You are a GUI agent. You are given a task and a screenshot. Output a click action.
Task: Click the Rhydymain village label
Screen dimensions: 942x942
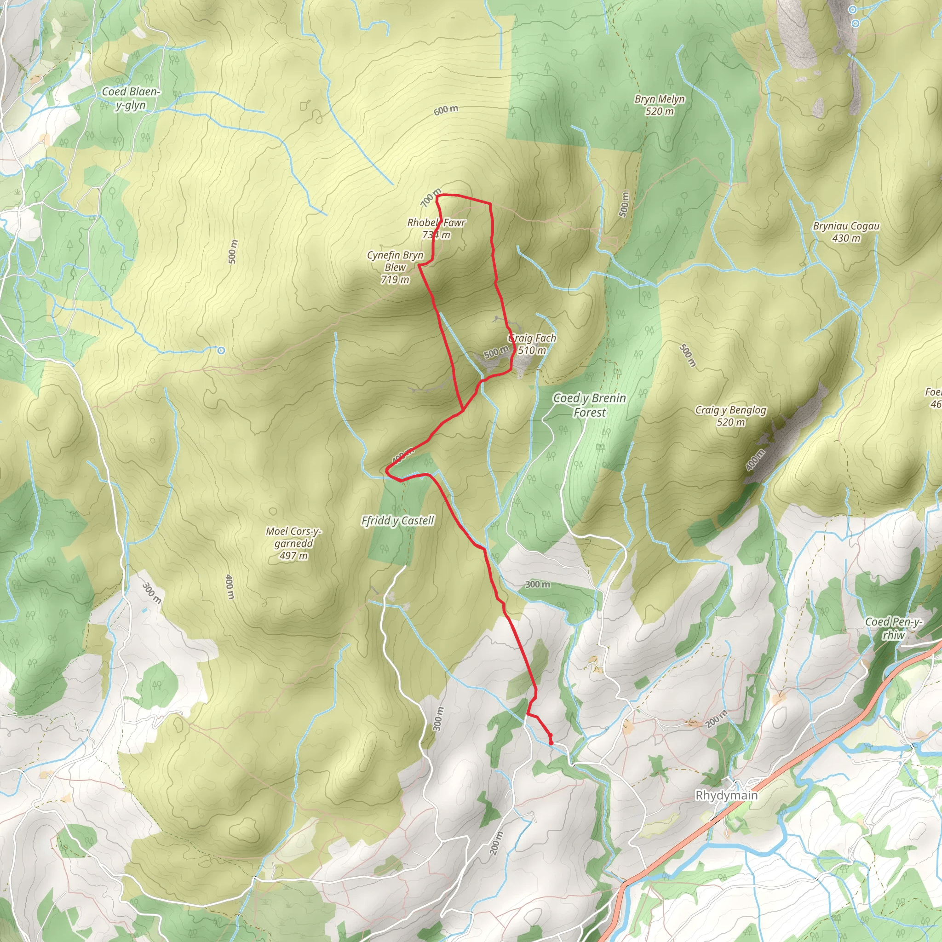point(726,795)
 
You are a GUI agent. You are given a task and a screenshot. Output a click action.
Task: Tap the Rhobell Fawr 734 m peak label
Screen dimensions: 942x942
point(437,229)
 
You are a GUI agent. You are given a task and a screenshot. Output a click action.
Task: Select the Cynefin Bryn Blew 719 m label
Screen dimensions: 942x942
point(395,267)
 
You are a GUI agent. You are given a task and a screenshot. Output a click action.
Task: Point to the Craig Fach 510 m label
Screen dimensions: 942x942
point(532,344)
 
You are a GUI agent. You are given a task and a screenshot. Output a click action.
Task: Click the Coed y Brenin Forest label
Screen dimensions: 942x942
point(590,405)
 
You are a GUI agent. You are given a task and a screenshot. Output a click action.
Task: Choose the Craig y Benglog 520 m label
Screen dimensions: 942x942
point(730,416)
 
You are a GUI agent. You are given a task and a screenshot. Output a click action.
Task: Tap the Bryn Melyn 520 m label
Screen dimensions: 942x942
point(660,105)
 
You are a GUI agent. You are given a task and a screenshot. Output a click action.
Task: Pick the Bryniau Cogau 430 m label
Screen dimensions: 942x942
point(846,232)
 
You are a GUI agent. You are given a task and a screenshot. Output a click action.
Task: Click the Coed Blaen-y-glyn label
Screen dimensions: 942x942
point(131,98)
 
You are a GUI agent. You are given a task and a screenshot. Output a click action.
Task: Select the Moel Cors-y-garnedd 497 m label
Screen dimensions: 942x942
point(293,543)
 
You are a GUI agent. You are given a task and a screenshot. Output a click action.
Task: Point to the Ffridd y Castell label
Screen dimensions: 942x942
point(397,521)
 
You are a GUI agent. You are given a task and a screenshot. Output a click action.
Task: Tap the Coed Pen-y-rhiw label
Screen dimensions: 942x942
point(893,628)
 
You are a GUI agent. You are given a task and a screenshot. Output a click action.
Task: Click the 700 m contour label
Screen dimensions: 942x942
point(431,197)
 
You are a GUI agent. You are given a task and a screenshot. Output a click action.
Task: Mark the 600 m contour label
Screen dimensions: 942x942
point(446,110)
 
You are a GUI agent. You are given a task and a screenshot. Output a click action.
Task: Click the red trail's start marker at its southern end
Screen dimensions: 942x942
point(551,742)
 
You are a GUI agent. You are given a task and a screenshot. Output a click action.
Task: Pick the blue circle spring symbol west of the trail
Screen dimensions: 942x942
point(221,350)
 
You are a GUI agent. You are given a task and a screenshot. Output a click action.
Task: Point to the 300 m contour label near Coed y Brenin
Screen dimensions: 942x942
point(538,584)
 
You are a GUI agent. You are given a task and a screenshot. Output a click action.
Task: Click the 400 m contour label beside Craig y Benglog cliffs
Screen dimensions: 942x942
point(755,460)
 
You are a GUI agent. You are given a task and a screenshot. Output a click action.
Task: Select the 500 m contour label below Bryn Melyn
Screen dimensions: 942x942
point(624,204)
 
